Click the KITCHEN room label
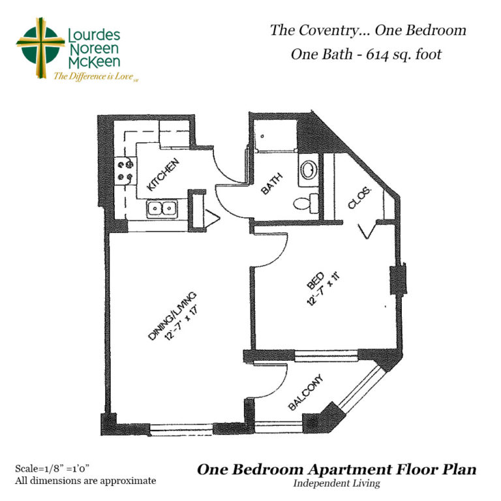(x=163, y=175)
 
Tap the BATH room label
(x=271, y=183)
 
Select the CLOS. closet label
(x=360, y=198)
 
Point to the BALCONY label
(x=306, y=391)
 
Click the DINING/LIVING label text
(x=172, y=316)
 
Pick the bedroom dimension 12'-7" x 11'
(x=323, y=289)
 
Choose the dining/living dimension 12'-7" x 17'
(x=180, y=324)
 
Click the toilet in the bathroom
(x=306, y=204)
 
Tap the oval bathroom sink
(x=309, y=170)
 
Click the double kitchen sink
(x=162, y=209)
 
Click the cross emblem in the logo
(x=40, y=47)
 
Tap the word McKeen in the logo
(x=94, y=62)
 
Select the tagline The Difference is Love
(x=93, y=76)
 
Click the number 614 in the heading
(x=377, y=55)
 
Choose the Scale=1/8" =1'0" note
(x=52, y=468)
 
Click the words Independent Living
(x=337, y=483)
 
